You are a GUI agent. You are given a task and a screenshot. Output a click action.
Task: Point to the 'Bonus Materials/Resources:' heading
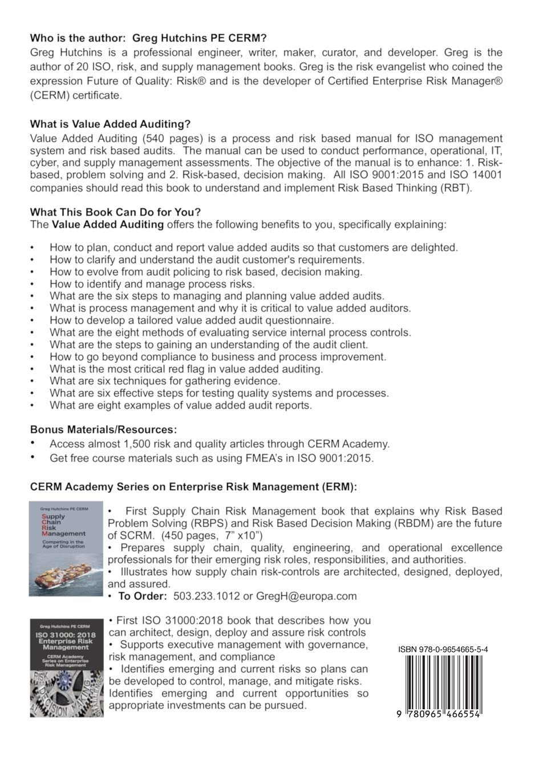(x=103, y=429)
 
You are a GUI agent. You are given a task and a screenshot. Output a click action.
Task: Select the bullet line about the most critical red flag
(x=186, y=369)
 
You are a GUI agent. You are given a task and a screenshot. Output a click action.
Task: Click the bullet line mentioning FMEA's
(x=212, y=458)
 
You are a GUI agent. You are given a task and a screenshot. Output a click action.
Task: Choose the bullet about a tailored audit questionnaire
(x=192, y=320)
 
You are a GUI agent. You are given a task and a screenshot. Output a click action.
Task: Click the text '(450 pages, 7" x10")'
(x=212, y=536)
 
